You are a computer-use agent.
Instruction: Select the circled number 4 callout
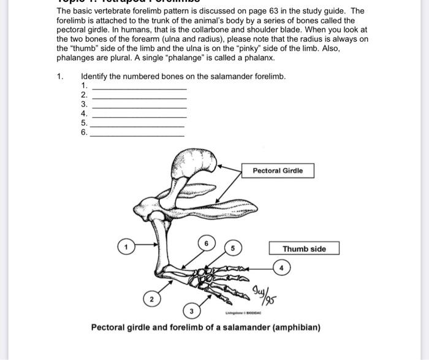click(282, 268)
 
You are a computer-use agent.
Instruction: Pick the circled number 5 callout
click(233, 249)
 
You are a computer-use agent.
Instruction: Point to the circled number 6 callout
click(207, 243)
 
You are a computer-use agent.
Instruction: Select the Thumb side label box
click(304, 249)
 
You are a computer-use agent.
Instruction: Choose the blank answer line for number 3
click(139, 107)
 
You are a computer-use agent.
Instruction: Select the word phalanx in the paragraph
click(259, 58)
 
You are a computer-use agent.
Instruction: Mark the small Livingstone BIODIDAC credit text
click(243, 313)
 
